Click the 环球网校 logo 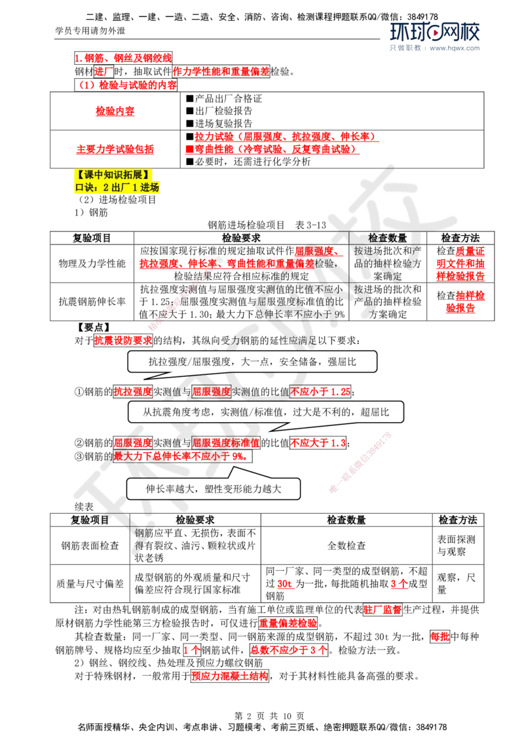(434, 33)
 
